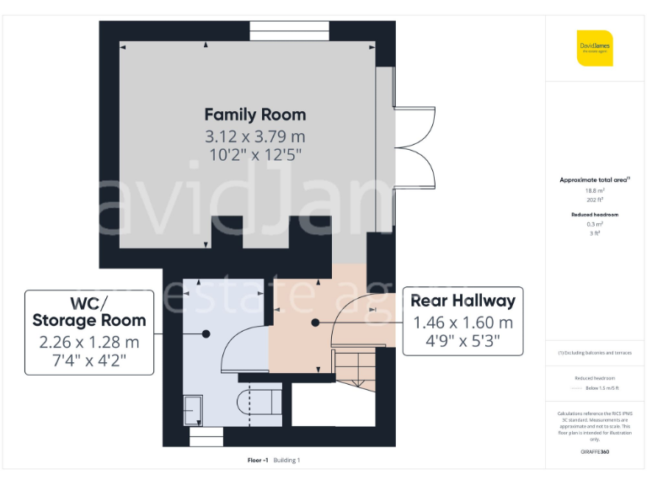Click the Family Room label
(x=255, y=115)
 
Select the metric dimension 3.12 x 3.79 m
(x=255, y=136)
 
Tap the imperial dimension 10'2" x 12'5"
(x=255, y=155)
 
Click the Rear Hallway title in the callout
(x=463, y=301)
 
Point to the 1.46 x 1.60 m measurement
(x=463, y=322)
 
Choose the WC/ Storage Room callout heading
(x=89, y=312)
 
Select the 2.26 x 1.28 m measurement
(x=89, y=342)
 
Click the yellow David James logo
(x=595, y=48)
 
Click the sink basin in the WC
(x=194, y=410)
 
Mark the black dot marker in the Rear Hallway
(x=315, y=322)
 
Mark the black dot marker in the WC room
(x=206, y=333)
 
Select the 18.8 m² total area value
(x=595, y=191)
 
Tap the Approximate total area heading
(x=594, y=180)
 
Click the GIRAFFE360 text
(x=595, y=452)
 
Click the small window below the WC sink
(x=206, y=438)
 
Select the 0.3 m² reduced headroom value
(x=595, y=224)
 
